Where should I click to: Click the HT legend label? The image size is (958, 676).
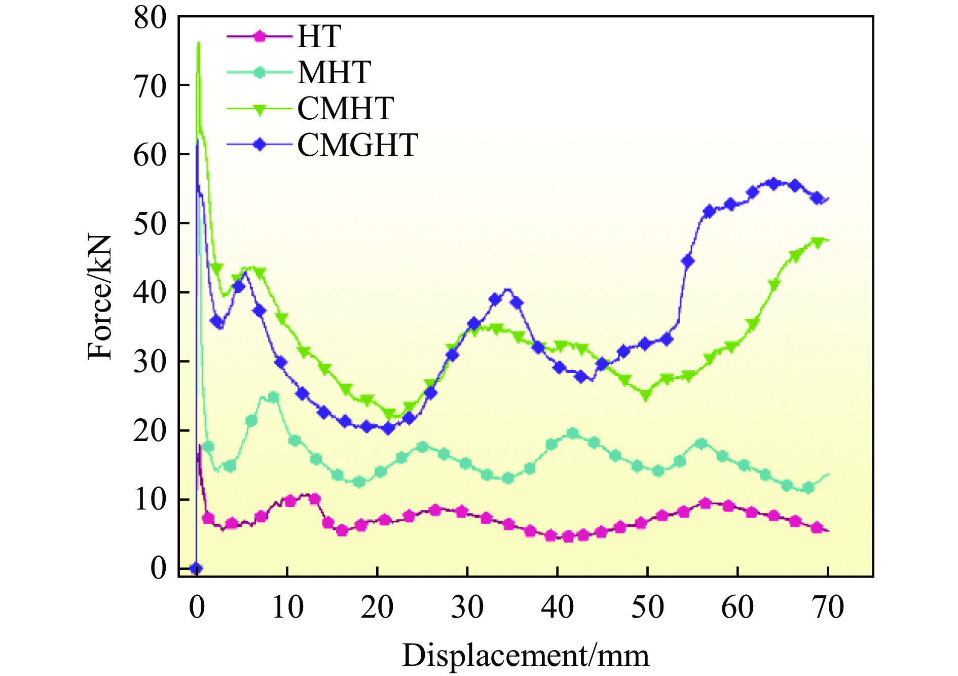[x=319, y=37]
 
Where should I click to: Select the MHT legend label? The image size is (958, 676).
[x=334, y=73]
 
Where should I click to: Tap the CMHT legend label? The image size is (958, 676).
[x=345, y=109]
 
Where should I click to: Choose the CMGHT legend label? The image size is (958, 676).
[x=357, y=145]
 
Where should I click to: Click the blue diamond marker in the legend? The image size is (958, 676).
[x=260, y=145]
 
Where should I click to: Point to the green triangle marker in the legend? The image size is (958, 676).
[x=260, y=110]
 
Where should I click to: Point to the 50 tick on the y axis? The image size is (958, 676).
[x=150, y=223]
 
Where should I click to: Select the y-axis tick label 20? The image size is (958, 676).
[x=150, y=430]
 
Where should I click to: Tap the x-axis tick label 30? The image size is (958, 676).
[x=467, y=607]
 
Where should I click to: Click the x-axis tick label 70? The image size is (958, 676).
[x=828, y=607]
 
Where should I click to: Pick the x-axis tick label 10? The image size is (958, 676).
[x=287, y=607]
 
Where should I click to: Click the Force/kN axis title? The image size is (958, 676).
[x=99, y=297]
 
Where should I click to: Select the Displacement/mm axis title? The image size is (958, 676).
[x=526, y=655]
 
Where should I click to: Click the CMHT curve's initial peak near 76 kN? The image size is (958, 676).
[x=199, y=43]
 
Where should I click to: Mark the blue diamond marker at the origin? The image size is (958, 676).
[x=197, y=568]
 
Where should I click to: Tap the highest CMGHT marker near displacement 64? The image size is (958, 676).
[x=773, y=183]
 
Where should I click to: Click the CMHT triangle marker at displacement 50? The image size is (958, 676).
[x=646, y=395]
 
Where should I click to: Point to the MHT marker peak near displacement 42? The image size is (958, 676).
[x=573, y=433]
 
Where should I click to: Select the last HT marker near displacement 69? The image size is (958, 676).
[x=817, y=528]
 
